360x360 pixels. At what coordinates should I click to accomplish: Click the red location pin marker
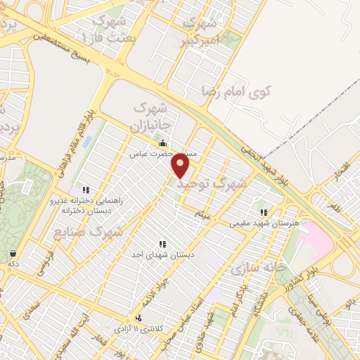[181, 166]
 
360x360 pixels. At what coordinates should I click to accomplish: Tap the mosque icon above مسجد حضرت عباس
[163, 144]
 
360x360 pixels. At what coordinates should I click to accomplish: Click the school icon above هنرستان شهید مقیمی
[264, 212]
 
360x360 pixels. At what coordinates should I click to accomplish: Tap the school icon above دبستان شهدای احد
[162, 243]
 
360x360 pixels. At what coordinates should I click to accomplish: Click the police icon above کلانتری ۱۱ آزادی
[139, 318]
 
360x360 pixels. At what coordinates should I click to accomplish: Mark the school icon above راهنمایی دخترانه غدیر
[86, 190]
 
